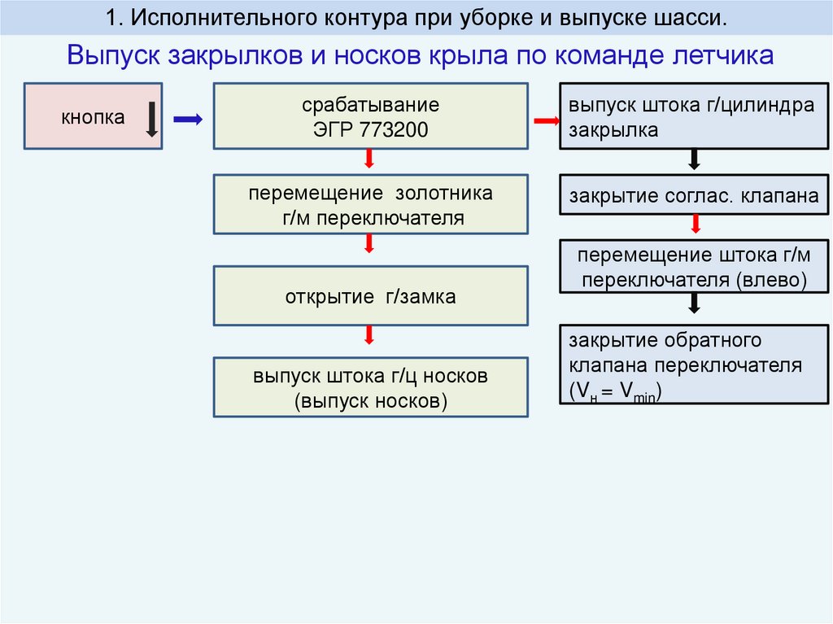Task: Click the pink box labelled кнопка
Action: tap(93, 116)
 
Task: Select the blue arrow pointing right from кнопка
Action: tap(188, 120)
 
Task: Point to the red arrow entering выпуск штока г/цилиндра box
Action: tap(546, 121)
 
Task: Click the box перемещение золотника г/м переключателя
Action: tap(370, 205)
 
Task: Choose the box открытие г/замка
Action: tap(370, 297)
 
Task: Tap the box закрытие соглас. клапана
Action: tap(694, 197)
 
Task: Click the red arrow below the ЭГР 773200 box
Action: tap(369, 159)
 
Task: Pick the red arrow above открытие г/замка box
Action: tap(369, 244)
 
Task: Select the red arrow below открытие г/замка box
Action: tap(369, 335)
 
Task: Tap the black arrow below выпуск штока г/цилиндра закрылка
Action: tap(694, 159)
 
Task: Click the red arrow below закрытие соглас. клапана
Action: tap(694, 225)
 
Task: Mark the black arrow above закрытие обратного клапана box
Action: tap(694, 303)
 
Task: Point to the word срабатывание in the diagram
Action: tap(370, 107)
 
